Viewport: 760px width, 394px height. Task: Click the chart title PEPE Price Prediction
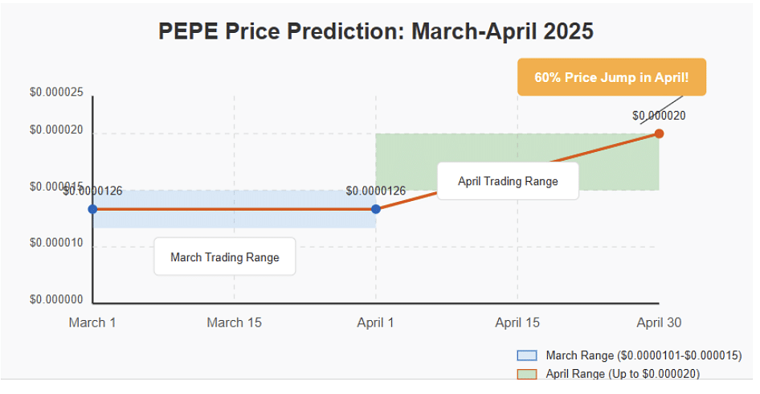(376, 31)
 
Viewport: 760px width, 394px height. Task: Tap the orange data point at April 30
(659, 133)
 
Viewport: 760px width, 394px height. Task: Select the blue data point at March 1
(92, 209)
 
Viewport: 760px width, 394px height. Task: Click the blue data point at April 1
(376, 209)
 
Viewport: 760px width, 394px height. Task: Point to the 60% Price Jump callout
(611, 77)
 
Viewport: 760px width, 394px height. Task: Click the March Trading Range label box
(225, 257)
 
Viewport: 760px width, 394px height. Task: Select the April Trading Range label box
(508, 181)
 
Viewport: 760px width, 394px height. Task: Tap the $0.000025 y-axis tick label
(56, 92)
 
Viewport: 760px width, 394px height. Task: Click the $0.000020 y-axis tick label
(56, 129)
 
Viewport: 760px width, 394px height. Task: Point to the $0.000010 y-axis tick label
(56, 243)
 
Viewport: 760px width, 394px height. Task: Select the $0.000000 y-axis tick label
(56, 299)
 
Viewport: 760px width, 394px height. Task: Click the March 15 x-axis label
(234, 322)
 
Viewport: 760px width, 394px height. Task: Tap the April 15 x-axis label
(517, 322)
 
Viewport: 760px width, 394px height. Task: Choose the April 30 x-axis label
(659, 322)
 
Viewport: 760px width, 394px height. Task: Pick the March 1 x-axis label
(92, 322)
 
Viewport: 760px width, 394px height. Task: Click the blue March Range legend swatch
(527, 355)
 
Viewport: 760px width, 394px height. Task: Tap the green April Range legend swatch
(527, 374)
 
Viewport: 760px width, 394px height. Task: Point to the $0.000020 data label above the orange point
(659, 116)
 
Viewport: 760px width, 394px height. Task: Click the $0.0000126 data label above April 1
(376, 191)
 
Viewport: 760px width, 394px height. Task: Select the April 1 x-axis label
(376, 322)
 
